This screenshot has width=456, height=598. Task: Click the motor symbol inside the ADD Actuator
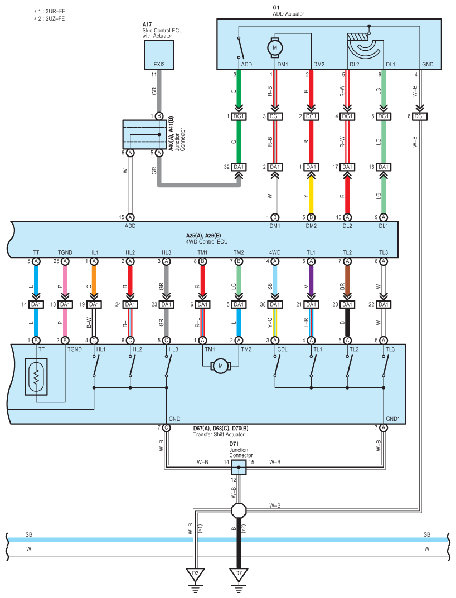[275, 48]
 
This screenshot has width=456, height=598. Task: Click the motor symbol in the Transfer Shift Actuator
[221, 366]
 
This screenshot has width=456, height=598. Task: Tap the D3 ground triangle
[195, 575]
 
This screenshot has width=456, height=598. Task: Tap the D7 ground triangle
[239, 575]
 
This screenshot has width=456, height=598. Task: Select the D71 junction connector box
[239, 467]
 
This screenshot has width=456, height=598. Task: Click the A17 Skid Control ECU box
[159, 55]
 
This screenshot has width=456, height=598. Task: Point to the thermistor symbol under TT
[36, 376]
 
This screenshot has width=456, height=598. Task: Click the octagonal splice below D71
[239, 510]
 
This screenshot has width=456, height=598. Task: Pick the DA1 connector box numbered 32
[239, 167]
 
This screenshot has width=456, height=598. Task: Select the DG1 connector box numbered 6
[420, 116]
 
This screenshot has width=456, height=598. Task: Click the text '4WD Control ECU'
[207, 241]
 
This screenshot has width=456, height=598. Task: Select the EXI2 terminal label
[159, 65]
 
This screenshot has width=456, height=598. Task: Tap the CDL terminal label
[283, 349]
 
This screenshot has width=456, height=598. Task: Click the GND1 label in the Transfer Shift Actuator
[392, 419]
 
